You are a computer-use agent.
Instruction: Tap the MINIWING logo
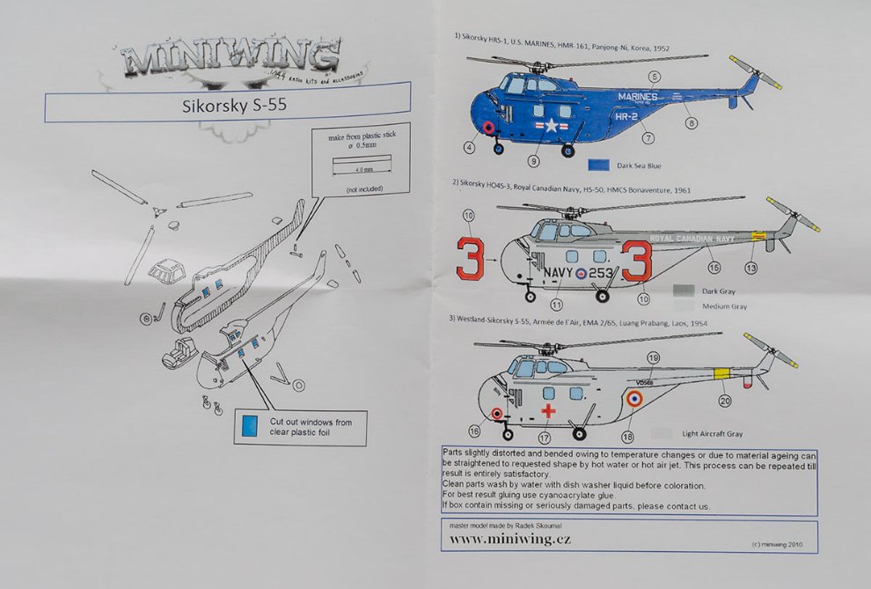coord(231,61)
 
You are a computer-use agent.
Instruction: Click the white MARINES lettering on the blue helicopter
coord(637,97)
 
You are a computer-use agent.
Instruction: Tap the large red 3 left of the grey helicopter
coord(472,260)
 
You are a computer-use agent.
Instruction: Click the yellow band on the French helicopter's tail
coord(721,374)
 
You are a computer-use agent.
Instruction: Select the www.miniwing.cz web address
coord(510,539)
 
